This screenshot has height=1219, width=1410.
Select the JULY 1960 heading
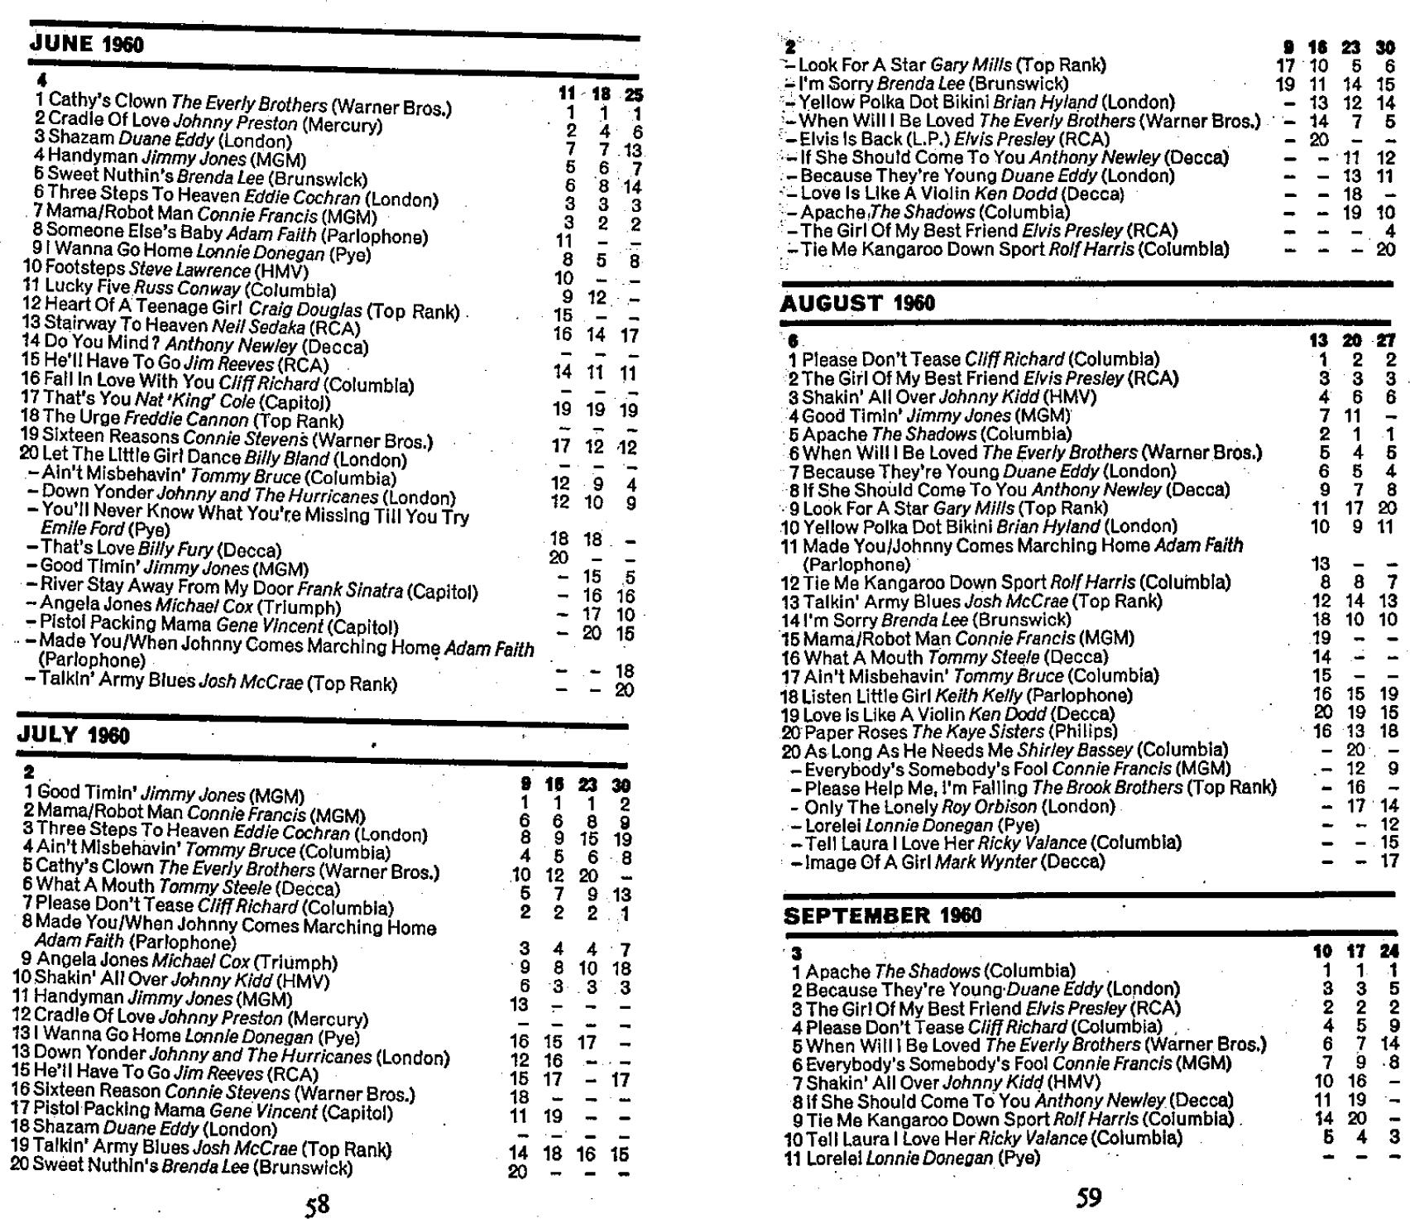point(74,735)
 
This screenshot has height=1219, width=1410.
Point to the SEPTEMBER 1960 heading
point(882,915)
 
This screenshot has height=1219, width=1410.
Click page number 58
point(318,1203)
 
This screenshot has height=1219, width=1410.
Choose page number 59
point(1088,1197)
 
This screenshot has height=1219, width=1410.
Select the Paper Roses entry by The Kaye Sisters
point(950,732)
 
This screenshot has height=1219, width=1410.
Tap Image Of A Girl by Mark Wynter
point(948,861)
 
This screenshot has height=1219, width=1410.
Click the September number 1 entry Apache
point(933,971)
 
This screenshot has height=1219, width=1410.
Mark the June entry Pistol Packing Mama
point(219,626)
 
